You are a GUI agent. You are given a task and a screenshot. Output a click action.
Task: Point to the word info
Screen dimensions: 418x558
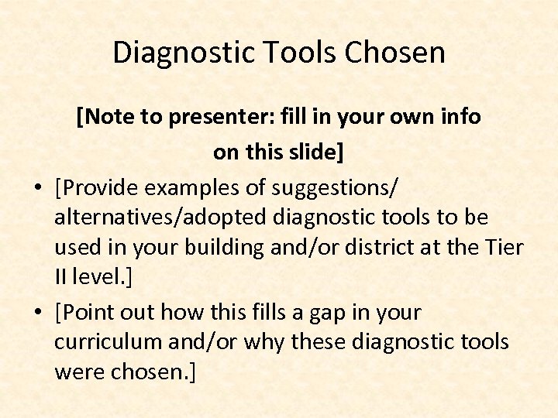coord(458,117)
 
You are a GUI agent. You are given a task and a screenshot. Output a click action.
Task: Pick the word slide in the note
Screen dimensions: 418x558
coord(311,152)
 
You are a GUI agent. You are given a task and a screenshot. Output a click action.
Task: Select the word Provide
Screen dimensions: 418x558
coord(105,188)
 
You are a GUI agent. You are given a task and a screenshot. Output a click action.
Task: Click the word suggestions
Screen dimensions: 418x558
coord(341,188)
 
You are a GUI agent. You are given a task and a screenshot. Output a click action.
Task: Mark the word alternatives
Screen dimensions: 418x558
coord(115,218)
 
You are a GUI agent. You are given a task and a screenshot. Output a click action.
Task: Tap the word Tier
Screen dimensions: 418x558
coord(505,248)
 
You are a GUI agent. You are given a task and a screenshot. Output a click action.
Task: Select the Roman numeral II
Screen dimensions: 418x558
coord(61,278)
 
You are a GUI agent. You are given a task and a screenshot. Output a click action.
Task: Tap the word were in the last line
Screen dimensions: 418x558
coord(77,372)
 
